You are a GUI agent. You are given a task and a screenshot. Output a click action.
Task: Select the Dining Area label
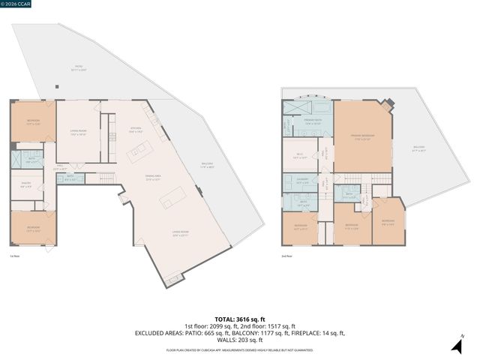point(154,178)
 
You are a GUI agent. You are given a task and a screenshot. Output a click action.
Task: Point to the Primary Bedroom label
point(362,138)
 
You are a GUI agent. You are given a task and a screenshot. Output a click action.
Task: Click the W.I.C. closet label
point(298,157)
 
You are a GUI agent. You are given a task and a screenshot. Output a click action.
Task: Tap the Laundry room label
point(301,181)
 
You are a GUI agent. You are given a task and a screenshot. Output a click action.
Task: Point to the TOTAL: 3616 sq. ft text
point(239,318)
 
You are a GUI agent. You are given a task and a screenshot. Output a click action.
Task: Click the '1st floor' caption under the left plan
point(14,256)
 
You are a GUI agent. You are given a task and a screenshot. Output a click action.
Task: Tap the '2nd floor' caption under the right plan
point(286,256)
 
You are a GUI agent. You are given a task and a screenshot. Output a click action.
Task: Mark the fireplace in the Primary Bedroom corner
point(386,106)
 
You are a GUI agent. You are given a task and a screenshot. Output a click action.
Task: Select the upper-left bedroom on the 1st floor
point(33,122)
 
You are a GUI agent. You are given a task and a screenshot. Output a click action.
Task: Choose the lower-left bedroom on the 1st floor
point(33,229)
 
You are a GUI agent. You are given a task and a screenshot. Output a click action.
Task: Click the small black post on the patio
point(55,86)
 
